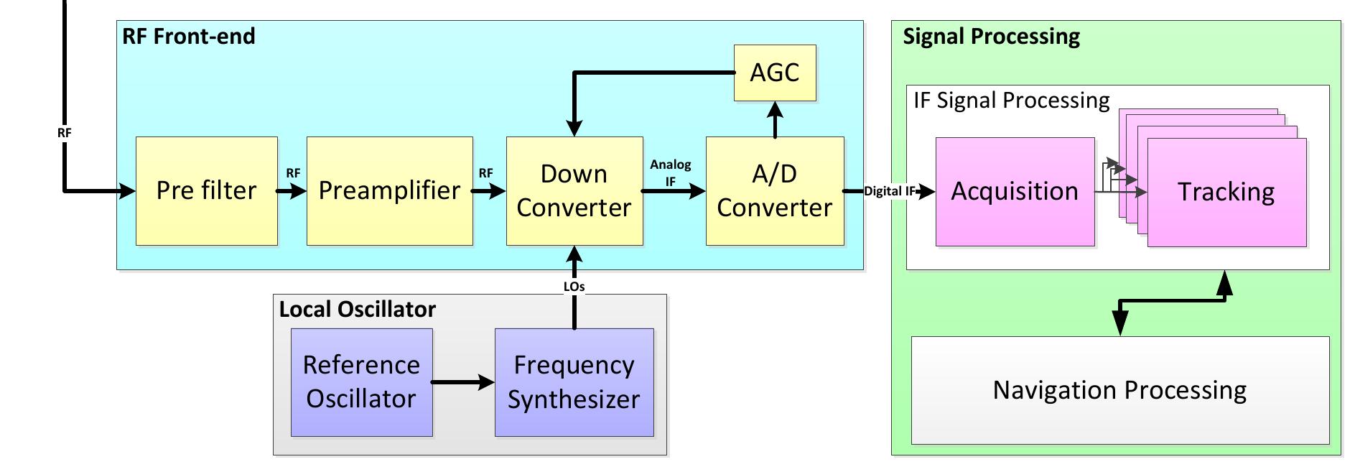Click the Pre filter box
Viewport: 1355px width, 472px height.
(206, 191)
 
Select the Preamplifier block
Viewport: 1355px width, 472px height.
(389, 191)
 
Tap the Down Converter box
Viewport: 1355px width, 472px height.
(574, 191)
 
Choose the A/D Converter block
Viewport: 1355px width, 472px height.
(774, 191)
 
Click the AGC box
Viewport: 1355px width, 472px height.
(774, 73)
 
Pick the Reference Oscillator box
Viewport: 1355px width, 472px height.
(361, 382)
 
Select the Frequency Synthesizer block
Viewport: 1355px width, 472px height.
(574, 382)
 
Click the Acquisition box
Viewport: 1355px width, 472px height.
(1014, 192)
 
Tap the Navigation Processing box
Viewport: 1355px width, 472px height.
(1119, 390)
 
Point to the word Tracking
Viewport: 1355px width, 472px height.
(1226, 193)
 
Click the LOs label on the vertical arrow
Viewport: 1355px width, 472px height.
(574, 287)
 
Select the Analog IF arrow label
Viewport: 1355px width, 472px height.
(670, 172)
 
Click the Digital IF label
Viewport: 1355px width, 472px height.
(889, 191)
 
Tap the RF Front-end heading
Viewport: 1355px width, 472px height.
(189, 37)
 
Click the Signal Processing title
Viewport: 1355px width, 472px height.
(991, 37)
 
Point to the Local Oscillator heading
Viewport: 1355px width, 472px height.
(357, 310)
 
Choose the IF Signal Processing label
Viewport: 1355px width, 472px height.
(1011, 101)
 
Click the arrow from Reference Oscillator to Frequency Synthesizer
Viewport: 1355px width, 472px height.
(463, 382)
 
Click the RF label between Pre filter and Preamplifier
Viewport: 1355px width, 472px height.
(293, 173)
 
